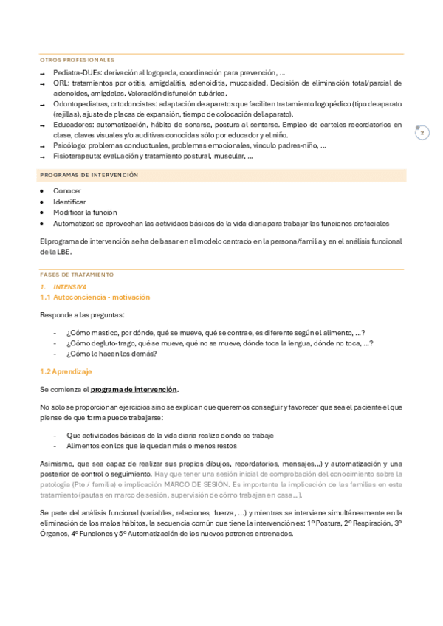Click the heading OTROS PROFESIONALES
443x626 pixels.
pyautogui.click(x=77, y=59)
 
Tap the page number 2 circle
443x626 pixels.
pyautogui.click(x=422, y=133)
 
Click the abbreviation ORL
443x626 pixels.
pyautogui.click(x=61, y=83)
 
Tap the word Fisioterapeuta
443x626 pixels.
pyautogui.click(x=76, y=156)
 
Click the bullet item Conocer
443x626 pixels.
pyautogui.click(x=67, y=191)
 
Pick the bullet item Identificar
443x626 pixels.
pyautogui.click(x=69, y=202)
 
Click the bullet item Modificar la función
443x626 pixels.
pyautogui.click(x=85, y=212)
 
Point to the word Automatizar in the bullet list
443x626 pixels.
pyautogui.click(x=72, y=222)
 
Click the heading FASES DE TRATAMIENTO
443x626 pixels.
pyautogui.click(x=77, y=275)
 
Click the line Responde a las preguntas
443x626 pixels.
pyautogui.click(x=82, y=315)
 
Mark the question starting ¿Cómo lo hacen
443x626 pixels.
pyautogui.click(x=111, y=353)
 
